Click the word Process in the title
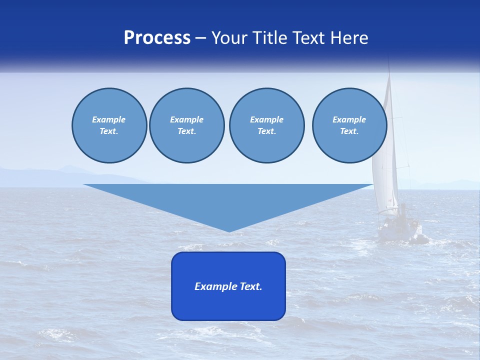[157, 38]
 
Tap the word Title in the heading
[270, 38]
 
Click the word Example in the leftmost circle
[109, 119]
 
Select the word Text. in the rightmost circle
[349, 131]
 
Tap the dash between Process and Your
[201, 38]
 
